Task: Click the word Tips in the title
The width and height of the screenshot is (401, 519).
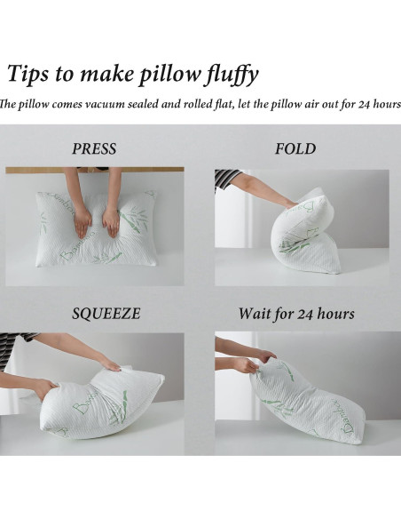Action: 30,73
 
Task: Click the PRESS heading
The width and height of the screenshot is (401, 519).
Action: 94,148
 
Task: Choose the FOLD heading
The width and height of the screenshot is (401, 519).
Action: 295,148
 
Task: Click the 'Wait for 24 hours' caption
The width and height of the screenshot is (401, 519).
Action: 296,314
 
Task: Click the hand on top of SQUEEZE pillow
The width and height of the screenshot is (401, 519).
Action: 107,363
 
